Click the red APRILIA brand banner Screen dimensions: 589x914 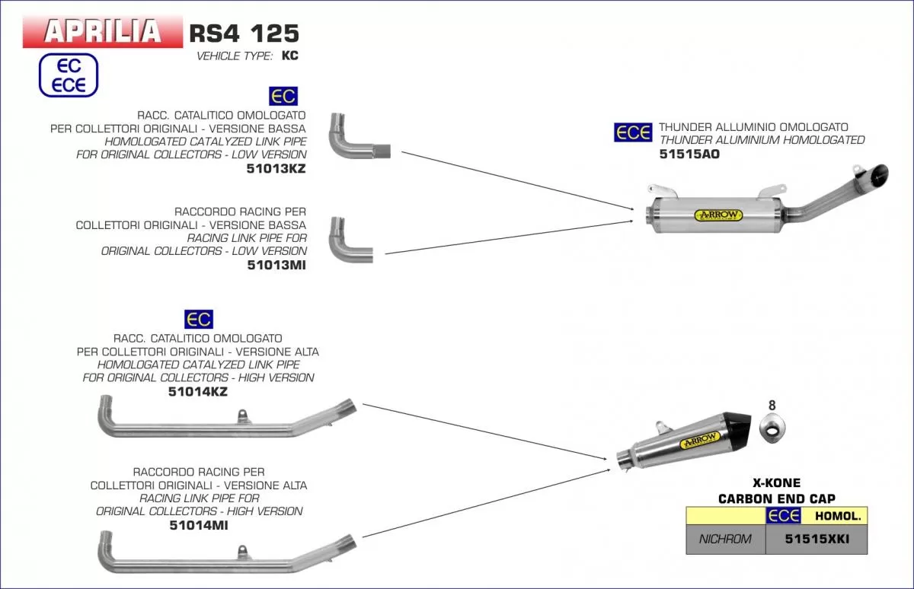point(103,31)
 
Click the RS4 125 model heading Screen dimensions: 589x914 point(243,33)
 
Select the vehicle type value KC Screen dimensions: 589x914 point(290,56)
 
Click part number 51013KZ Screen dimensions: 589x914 point(276,168)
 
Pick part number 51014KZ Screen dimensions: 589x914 point(197,391)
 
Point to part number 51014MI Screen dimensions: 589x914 point(197,525)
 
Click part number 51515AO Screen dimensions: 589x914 point(689,154)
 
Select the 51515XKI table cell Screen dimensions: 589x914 point(816,540)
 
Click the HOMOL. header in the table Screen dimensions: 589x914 point(838,516)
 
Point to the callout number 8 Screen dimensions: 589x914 point(772,406)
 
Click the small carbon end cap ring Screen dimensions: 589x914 point(772,431)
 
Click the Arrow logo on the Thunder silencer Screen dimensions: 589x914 point(717,215)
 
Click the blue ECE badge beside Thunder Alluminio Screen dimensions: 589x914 point(632,132)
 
